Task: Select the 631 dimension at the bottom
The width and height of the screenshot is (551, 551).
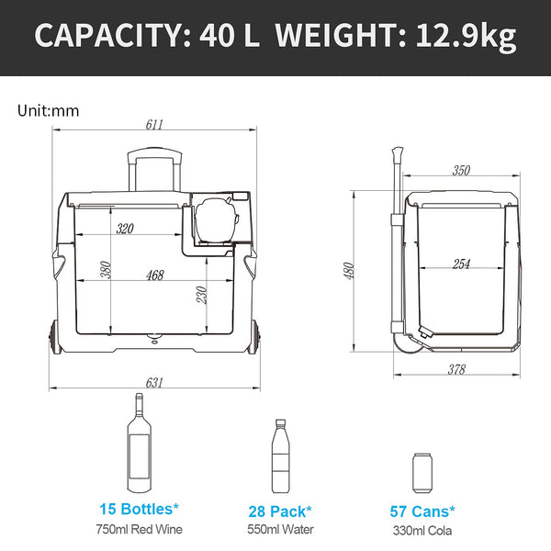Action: click(x=153, y=382)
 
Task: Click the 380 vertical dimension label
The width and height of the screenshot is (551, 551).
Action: click(x=106, y=270)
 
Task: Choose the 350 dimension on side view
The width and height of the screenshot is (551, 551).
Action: click(x=461, y=171)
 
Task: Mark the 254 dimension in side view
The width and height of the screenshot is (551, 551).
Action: click(x=461, y=264)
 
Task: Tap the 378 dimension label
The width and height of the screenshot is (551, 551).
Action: click(x=455, y=369)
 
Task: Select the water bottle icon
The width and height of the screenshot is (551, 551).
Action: click(x=280, y=459)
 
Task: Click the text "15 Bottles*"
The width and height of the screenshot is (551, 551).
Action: click(x=139, y=508)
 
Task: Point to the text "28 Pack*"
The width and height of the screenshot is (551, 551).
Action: click(x=280, y=511)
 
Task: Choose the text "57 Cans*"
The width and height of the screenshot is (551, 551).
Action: click(x=422, y=511)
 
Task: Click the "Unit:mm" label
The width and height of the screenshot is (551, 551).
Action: click(x=49, y=111)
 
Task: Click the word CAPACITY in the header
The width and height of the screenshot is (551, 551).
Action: click(x=107, y=38)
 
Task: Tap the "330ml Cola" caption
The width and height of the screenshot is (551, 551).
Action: click(x=422, y=530)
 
